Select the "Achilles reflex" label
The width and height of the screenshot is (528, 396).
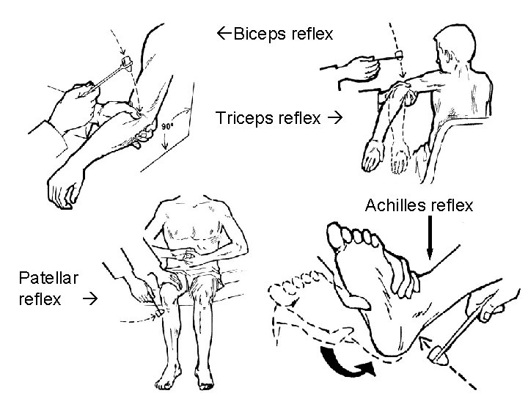pyautogui.click(x=419, y=206)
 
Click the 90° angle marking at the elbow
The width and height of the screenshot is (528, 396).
pyautogui.click(x=168, y=126)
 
